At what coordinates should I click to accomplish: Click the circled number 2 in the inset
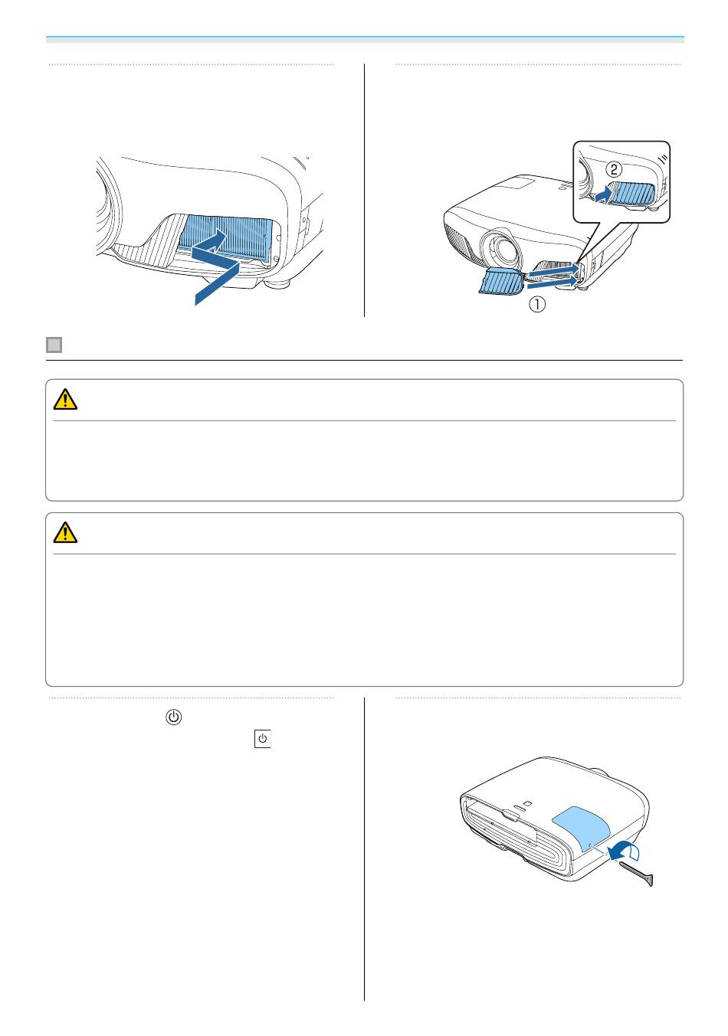(x=614, y=169)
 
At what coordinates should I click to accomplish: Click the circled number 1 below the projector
(x=537, y=304)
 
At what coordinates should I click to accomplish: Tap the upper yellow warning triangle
(x=65, y=399)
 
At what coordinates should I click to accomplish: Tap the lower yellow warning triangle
(x=65, y=532)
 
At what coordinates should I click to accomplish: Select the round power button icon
(x=173, y=717)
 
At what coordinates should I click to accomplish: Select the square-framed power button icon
(x=262, y=739)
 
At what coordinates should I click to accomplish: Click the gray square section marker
(x=54, y=345)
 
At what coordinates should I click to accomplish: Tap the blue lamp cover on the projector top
(x=582, y=830)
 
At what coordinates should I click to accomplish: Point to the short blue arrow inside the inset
(x=603, y=194)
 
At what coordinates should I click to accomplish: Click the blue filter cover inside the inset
(x=631, y=194)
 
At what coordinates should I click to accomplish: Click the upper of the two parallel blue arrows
(x=553, y=270)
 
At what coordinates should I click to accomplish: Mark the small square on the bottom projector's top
(x=528, y=803)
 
